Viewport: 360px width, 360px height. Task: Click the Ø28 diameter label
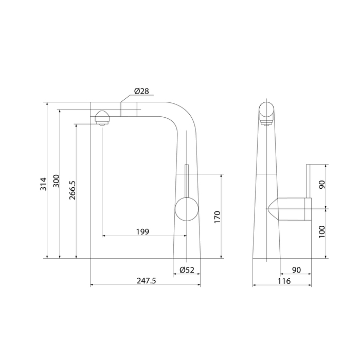[x=141, y=91]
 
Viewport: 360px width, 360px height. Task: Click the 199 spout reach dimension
[x=143, y=231]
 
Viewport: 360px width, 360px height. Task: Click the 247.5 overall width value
[x=147, y=281]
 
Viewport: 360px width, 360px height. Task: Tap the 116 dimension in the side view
[x=283, y=281]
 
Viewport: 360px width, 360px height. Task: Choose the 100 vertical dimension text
[x=322, y=232]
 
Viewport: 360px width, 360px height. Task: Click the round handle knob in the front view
[x=186, y=210]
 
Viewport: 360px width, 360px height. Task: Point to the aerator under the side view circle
[x=266, y=122]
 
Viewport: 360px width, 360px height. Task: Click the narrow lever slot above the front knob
[x=186, y=180]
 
